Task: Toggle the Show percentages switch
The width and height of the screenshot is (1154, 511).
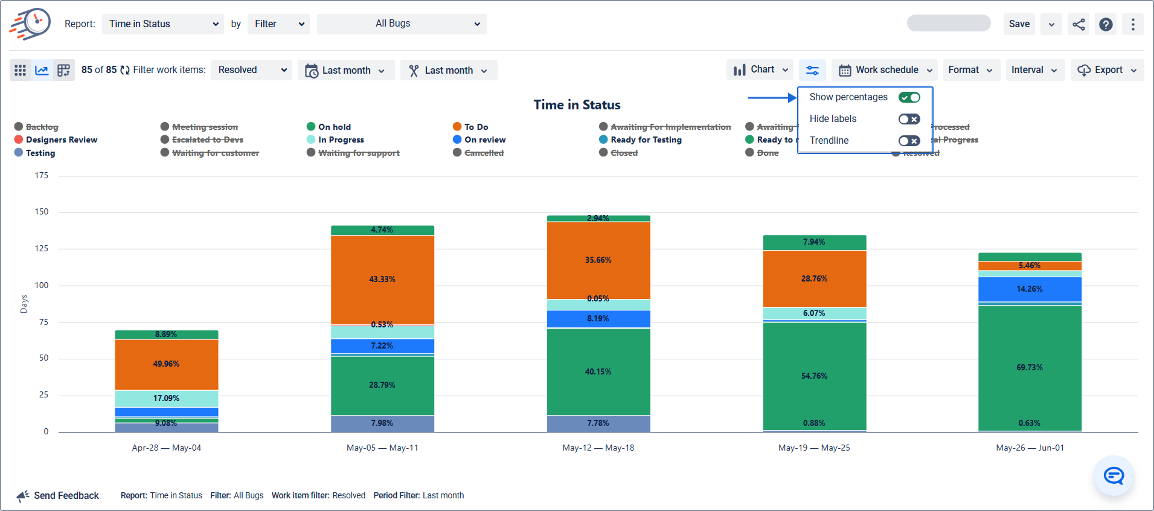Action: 909,97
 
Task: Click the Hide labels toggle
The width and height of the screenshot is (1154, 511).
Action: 909,119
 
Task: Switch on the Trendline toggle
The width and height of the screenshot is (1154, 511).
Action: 909,141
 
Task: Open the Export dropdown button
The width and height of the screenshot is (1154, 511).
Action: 1107,70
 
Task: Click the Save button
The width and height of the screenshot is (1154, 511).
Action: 1019,24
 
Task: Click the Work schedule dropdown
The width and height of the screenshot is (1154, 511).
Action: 885,70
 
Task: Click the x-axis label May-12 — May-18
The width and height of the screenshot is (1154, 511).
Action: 598,448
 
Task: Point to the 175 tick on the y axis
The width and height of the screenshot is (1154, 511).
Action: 42,176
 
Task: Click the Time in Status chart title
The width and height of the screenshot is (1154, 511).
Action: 577,105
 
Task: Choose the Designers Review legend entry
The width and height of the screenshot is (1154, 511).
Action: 61,140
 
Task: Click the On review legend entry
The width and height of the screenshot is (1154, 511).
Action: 484,140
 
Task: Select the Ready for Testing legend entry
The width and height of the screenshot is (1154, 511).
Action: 646,140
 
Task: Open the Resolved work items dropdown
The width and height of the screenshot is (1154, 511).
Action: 251,70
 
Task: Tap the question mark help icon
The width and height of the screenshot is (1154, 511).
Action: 1106,24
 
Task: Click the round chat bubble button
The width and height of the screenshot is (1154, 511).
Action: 1113,476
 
